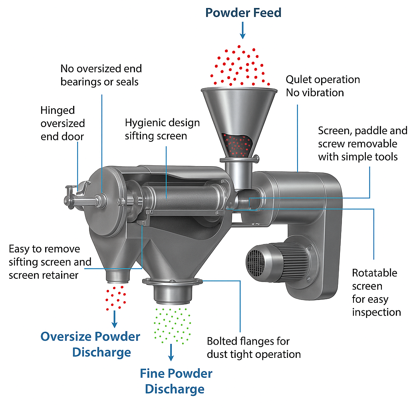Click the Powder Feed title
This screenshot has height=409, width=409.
tap(243, 12)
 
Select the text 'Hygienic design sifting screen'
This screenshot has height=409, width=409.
tap(162, 129)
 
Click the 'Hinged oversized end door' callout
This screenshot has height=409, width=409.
tap(62, 123)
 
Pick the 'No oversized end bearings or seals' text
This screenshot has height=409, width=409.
tap(101, 75)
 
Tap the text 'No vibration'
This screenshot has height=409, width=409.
tap(315, 93)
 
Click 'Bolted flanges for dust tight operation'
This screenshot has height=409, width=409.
tap(254, 347)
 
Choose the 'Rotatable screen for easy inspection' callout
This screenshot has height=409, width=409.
tap(376, 292)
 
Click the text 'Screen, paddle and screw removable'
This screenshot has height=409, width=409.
tap(362, 137)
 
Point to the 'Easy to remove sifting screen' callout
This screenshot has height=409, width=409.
tap(50, 256)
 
